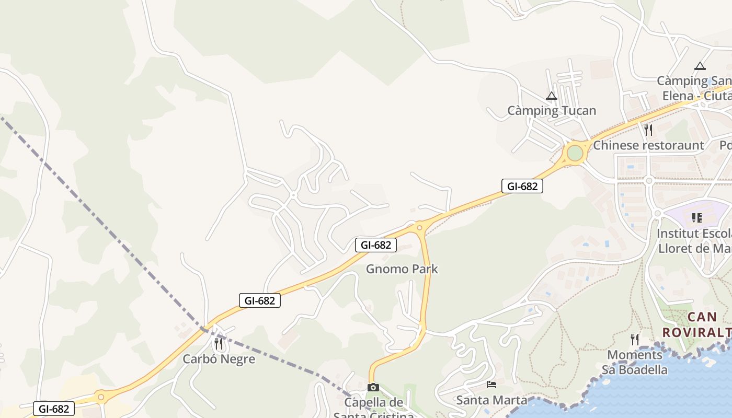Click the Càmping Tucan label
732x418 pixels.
click(x=552, y=111)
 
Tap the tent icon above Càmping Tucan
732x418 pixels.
click(x=552, y=96)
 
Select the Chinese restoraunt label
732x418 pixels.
click(x=648, y=145)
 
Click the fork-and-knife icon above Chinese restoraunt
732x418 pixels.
click(x=648, y=130)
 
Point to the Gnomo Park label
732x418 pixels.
click(x=402, y=269)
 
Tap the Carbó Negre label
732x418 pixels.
click(x=219, y=359)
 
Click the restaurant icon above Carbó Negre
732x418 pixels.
click(x=219, y=344)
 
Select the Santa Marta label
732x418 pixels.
click(x=491, y=400)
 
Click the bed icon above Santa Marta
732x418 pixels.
click(x=491, y=385)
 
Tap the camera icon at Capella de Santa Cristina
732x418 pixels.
click(x=373, y=388)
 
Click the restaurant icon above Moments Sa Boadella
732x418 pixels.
click(x=635, y=340)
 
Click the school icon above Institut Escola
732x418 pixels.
click(x=696, y=217)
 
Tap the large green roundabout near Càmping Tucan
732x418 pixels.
click(x=575, y=153)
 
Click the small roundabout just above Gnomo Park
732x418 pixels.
click(x=419, y=227)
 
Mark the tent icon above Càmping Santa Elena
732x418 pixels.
click(x=700, y=66)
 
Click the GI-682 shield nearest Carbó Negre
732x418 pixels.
click(x=260, y=300)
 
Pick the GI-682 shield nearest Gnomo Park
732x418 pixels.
click(x=376, y=245)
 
